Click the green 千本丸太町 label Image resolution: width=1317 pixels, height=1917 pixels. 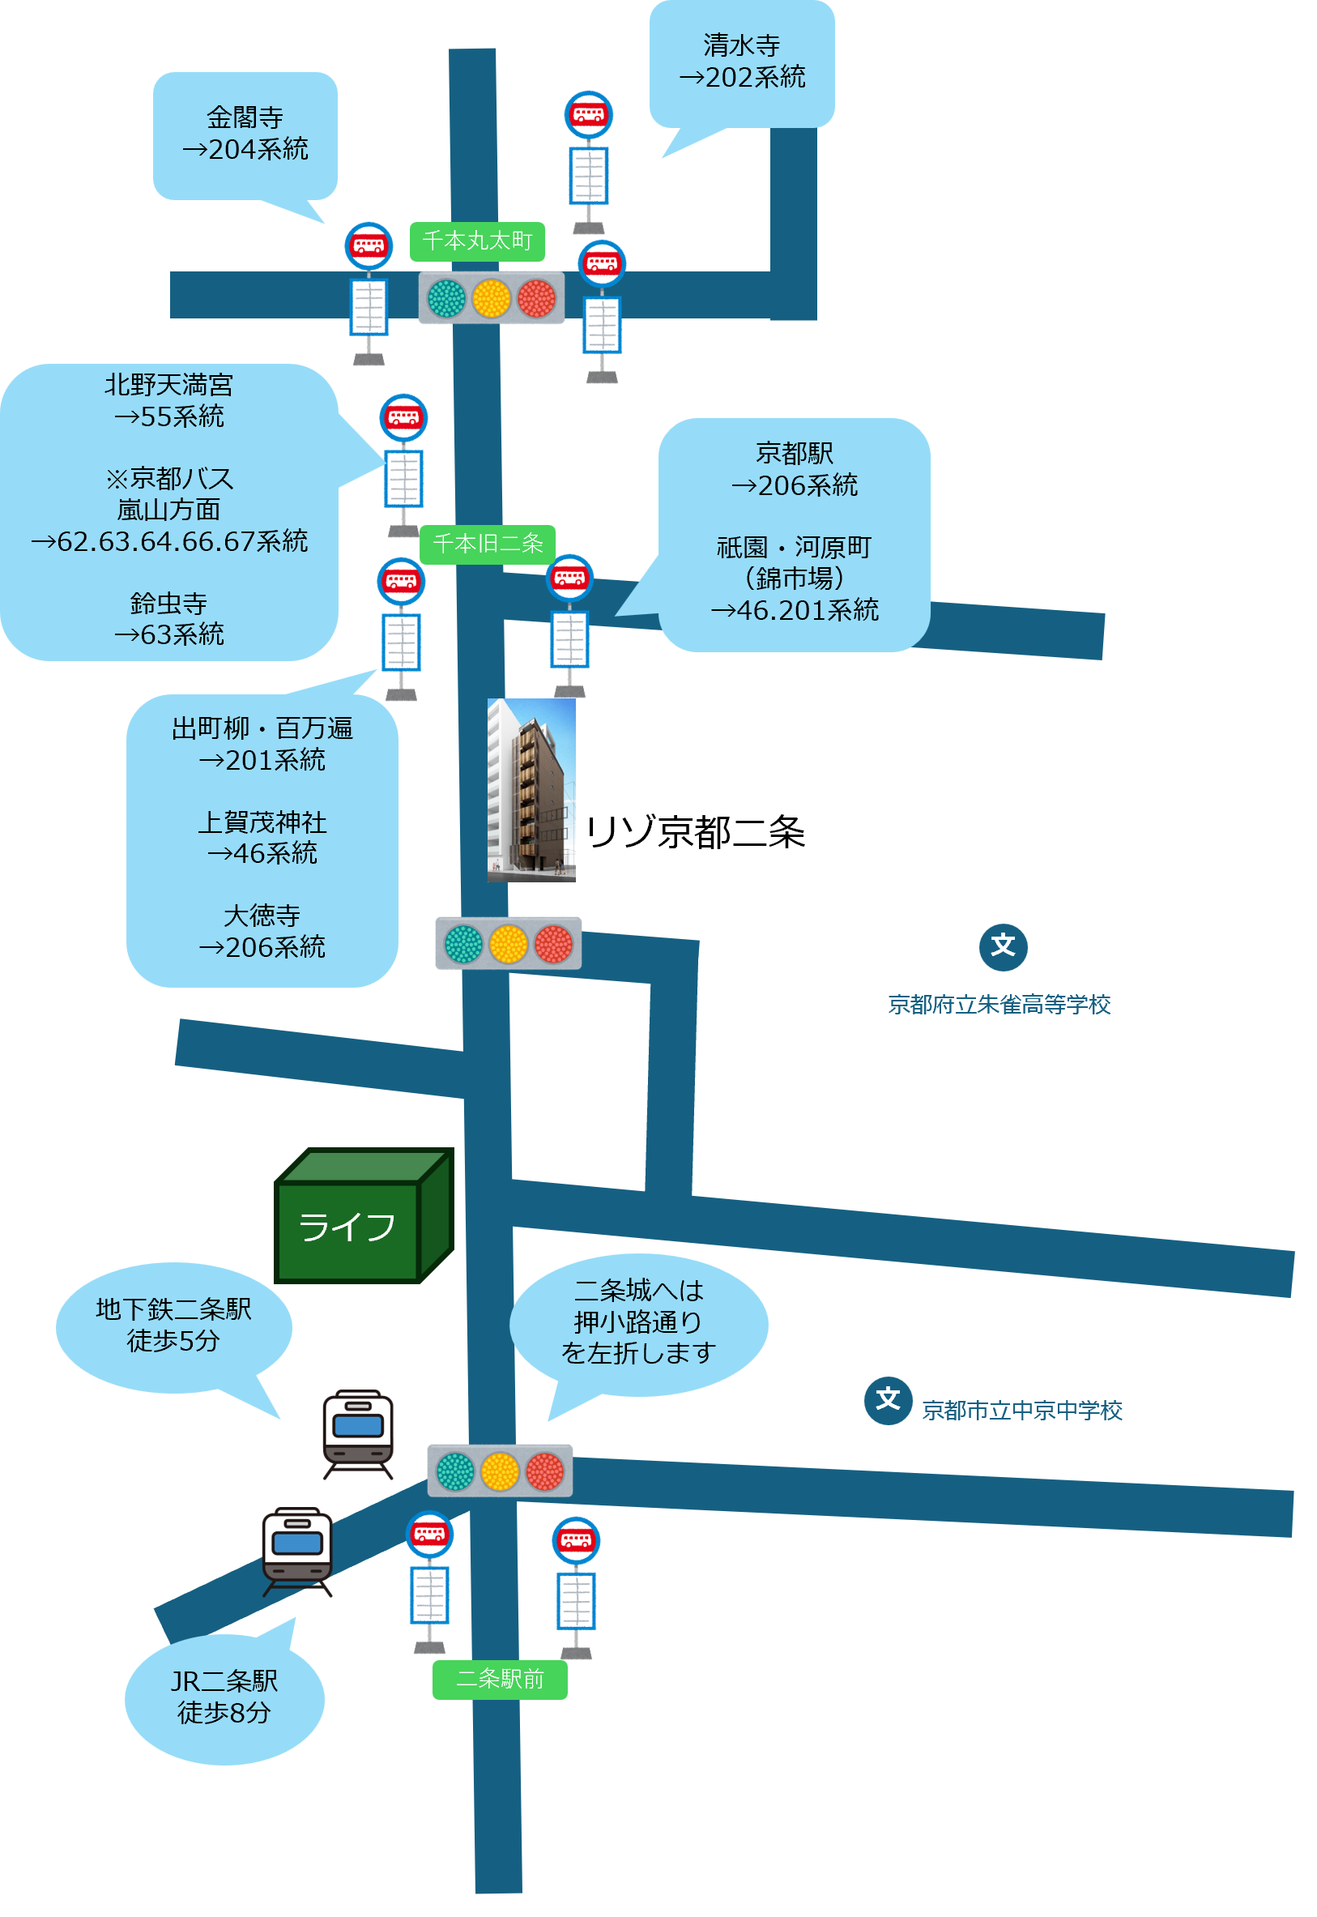(x=477, y=241)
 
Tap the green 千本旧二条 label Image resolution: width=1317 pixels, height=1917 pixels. (x=488, y=544)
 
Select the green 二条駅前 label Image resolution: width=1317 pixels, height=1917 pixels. (x=499, y=1679)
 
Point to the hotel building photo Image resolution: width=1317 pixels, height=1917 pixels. (x=531, y=790)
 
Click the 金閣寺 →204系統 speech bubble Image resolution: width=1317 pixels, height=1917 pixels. (x=245, y=134)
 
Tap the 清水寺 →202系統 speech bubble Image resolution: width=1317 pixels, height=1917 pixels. (x=741, y=62)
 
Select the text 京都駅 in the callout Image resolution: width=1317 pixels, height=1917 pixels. (x=794, y=454)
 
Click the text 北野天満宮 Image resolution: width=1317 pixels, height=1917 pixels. (x=168, y=385)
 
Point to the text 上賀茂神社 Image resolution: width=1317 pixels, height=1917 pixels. (x=262, y=822)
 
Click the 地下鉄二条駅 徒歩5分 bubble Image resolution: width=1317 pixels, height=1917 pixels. (x=173, y=1326)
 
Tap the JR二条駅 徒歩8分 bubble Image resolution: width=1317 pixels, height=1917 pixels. (x=224, y=1697)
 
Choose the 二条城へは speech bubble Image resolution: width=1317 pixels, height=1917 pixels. (x=638, y=1322)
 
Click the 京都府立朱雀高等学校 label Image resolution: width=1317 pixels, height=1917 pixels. (x=999, y=1005)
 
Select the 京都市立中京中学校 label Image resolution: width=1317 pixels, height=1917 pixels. (x=1021, y=1411)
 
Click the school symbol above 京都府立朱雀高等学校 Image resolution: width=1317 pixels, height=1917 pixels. (x=1003, y=946)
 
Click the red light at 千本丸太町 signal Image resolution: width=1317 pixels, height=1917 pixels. (x=536, y=298)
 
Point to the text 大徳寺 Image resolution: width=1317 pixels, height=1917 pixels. (x=262, y=916)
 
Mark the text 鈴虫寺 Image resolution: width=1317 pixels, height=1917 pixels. (x=168, y=604)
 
